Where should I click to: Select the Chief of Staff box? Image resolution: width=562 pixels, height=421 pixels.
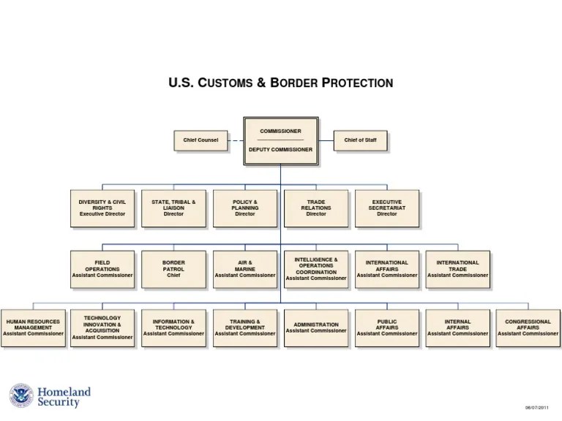(360, 140)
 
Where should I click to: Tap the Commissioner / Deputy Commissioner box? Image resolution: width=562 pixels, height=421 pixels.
(280, 140)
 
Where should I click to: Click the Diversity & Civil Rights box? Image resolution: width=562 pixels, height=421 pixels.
(102, 208)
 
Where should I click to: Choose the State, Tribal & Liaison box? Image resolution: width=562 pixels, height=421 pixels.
(173, 208)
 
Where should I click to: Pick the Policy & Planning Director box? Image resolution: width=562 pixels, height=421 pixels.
(245, 208)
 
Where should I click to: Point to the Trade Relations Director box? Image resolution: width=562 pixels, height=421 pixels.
(316, 208)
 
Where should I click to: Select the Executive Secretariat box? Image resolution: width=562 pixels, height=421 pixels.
(387, 208)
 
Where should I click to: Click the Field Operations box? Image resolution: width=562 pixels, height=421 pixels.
(102, 269)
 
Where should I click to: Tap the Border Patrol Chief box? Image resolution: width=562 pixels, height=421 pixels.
(173, 269)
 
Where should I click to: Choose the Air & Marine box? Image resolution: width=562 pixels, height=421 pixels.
(245, 269)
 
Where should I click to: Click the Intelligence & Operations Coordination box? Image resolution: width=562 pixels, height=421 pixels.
(316, 269)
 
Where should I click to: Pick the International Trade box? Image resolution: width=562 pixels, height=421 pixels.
(457, 269)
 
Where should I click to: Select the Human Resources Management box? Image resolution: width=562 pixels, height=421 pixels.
(33, 327)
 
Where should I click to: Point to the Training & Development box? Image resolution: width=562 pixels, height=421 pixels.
(245, 327)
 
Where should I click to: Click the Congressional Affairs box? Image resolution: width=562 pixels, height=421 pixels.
(528, 327)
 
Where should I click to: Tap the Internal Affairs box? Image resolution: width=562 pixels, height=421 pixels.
(457, 327)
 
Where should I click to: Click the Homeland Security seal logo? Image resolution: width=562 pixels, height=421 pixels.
(21, 396)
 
